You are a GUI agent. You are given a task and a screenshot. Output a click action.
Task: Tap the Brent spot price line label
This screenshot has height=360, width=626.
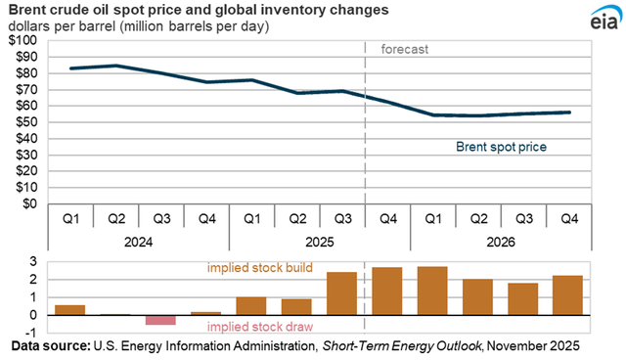501,148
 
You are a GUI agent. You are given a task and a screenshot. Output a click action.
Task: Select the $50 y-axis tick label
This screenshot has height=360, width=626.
25,122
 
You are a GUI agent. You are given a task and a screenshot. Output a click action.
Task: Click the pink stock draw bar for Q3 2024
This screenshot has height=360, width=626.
160,320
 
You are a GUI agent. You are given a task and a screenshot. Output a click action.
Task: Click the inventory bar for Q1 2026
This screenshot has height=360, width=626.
432,291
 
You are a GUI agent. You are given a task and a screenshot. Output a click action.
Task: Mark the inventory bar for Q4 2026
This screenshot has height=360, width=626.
568,295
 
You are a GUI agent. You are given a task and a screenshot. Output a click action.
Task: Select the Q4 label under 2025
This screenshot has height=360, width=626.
386,217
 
